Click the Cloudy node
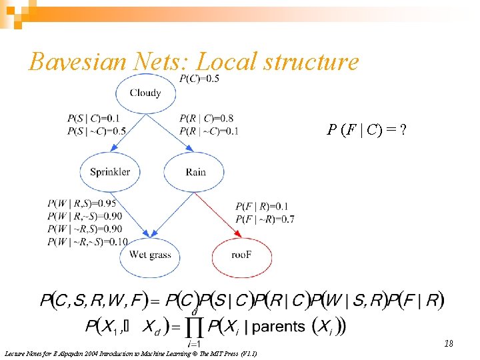pyautogui.click(x=145, y=93)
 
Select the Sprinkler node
pyautogui.click(x=110, y=171)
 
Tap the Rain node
pyautogui.click(x=195, y=171)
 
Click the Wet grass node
pyautogui.click(x=150, y=255)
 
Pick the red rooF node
pyautogui.click(x=241, y=255)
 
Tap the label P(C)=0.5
pyautogui.click(x=199, y=79)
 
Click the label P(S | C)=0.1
pyautogui.click(x=93, y=119)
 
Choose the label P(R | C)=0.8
pyautogui.click(x=207, y=119)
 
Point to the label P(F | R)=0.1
pyautogui.click(x=261, y=207)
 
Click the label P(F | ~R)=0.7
pyautogui.click(x=265, y=219)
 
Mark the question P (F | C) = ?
pyautogui.click(x=366, y=130)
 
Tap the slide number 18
pyautogui.click(x=449, y=343)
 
